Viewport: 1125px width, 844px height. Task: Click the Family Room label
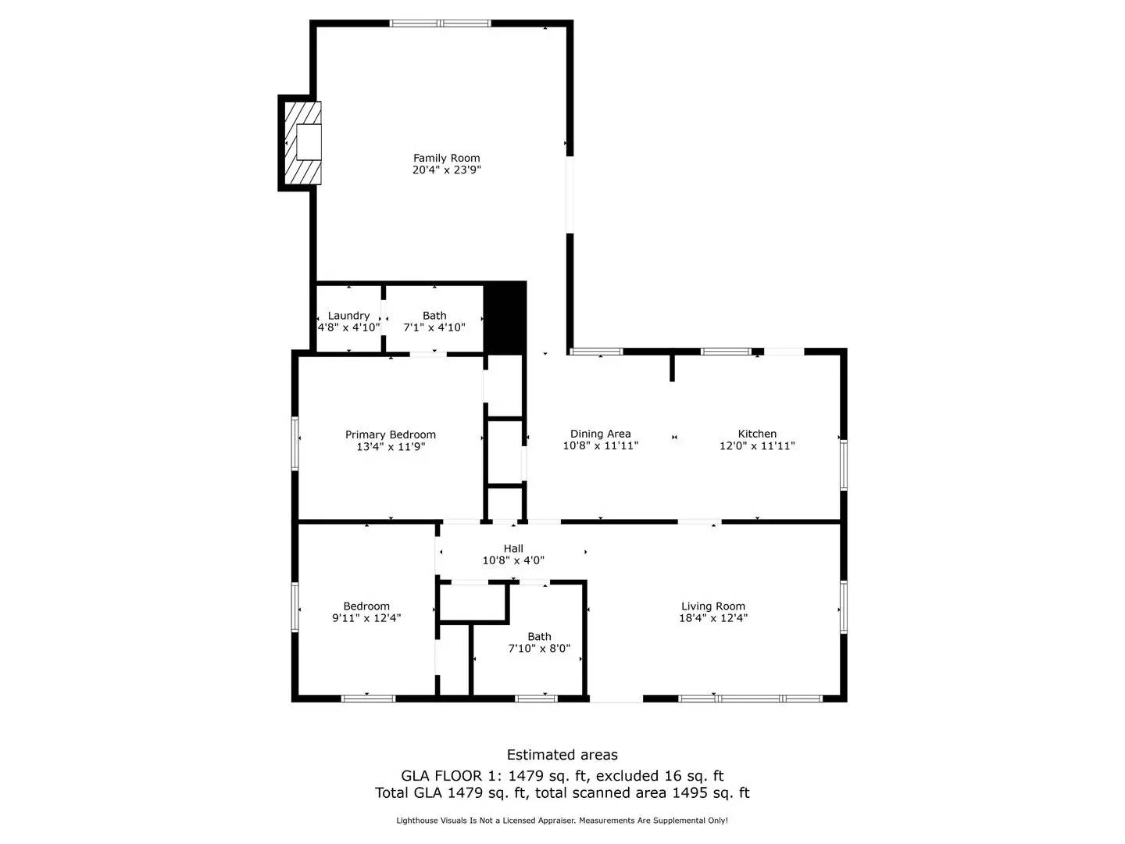[446, 158]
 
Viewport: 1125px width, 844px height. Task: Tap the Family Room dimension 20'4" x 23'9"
[446, 170]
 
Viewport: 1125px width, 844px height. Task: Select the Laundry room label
[348, 316]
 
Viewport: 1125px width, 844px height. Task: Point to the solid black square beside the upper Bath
[505, 316]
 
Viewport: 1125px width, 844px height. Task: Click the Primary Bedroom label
[391, 435]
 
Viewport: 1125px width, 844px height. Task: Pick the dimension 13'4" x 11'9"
[391, 447]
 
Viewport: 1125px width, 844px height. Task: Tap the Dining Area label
[600, 434]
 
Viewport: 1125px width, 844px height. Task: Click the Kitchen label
[757, 434]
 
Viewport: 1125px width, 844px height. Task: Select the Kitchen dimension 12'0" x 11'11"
[757, 446]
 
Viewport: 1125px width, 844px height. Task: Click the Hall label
[513, 549]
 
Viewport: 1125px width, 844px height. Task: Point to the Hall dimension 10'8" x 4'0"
[513, 560]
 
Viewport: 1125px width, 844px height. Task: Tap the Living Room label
[712, 606]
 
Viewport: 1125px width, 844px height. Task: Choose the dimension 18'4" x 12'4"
[712, 618]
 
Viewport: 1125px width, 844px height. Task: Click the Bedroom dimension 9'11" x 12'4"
[366, 618]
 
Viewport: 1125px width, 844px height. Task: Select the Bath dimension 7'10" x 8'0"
[539, 649]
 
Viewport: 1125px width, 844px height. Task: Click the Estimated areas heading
[562, 755]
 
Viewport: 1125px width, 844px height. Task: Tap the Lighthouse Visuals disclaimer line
[562, 821]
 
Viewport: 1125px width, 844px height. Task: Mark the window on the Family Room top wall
[441, 23]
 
